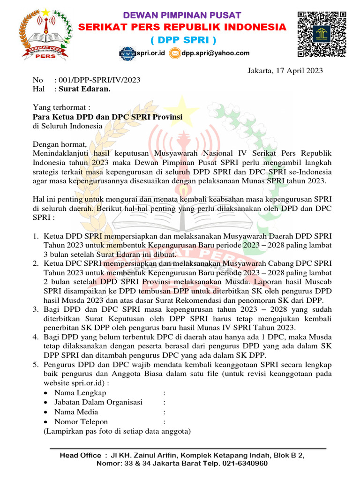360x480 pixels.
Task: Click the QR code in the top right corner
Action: (x=322, y=34)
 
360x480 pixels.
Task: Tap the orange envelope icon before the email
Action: (x=175, y=53)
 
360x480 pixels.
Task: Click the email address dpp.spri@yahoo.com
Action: (x=216, y=53)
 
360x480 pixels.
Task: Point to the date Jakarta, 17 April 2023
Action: (x=285, y=71)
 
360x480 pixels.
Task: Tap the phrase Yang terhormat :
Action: (x=61, y=107)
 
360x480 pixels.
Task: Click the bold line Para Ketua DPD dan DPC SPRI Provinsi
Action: (x=107, y=117)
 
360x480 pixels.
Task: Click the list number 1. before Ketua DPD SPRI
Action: (x=36, y=236)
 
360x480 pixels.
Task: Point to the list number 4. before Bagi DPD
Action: (x=36, y=337)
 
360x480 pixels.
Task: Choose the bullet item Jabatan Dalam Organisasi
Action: (x=98, y=402)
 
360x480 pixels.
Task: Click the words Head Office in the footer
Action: (x=80, y=455)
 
